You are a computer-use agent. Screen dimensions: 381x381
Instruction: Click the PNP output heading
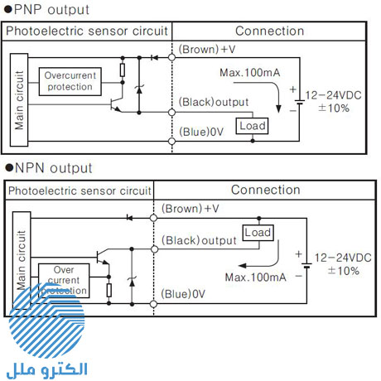(x=47, y=10)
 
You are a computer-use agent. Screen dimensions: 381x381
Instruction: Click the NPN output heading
(x=49, y=168)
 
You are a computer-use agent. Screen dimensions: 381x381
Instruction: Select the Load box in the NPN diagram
(x=258, y=233)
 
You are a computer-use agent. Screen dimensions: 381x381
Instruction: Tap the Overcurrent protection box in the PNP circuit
(x=70, y=80)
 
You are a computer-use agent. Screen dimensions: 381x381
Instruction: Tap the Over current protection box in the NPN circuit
(x=65, y=280)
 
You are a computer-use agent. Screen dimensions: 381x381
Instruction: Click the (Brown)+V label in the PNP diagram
(x=207, y=50)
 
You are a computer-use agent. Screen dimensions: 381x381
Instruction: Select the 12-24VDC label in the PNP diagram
(x=333, y=97)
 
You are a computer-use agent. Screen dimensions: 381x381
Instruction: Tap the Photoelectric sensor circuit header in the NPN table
(x=80, y=190)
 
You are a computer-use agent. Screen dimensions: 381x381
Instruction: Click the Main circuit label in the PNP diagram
(x=19, y=94)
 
